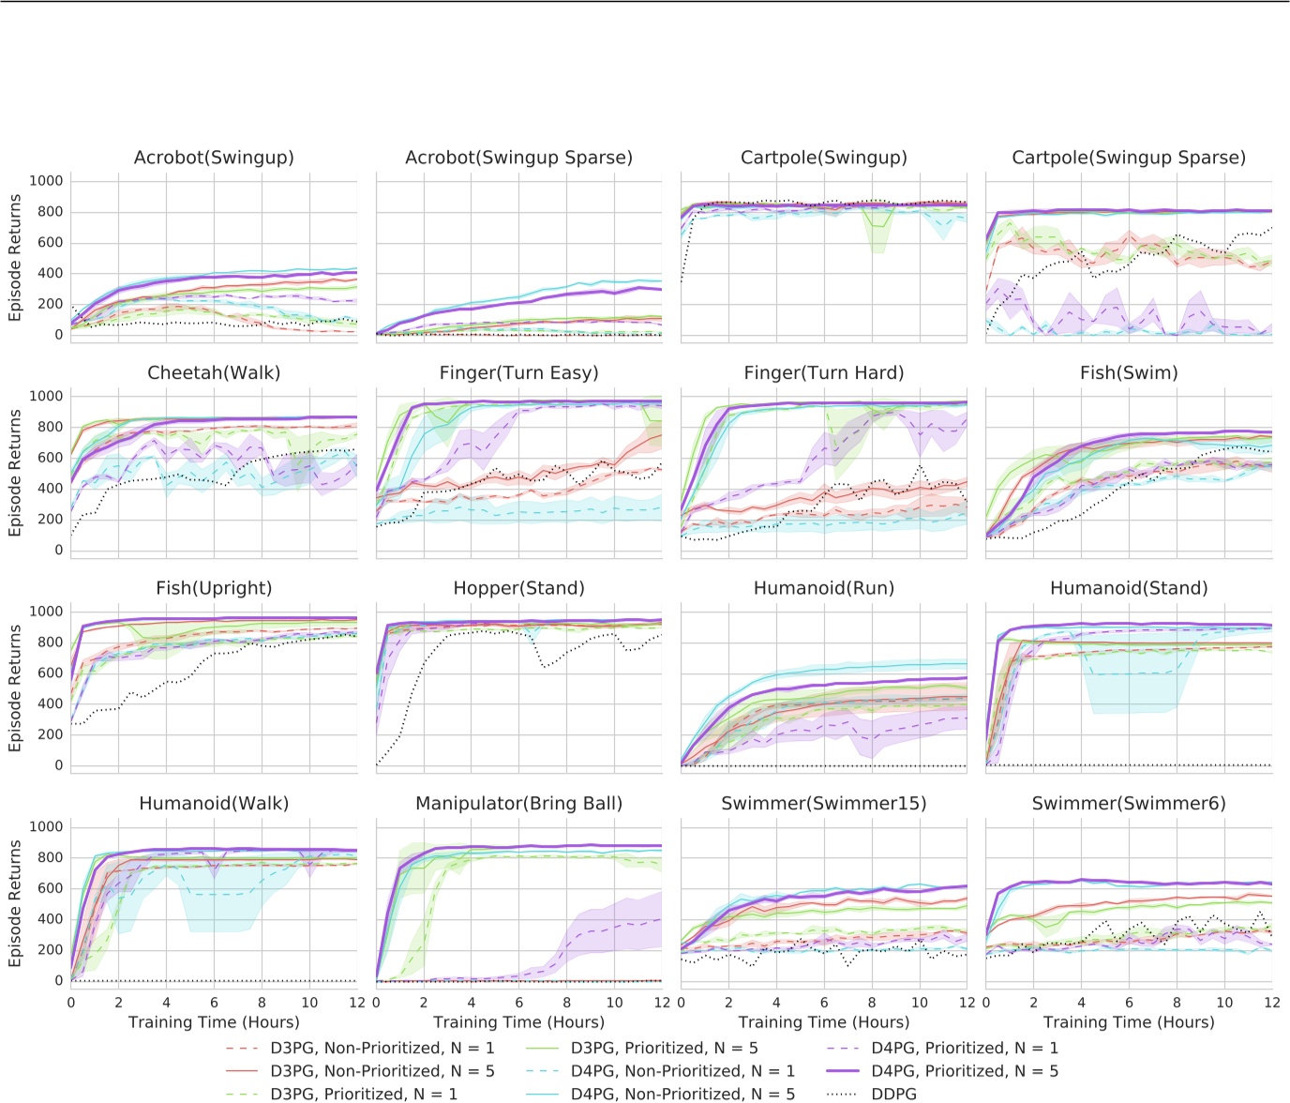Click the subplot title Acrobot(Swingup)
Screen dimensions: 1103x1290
click(214, 158)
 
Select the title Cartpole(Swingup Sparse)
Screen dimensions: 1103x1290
click(1129, 158)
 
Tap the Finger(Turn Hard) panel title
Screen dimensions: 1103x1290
click(823, 373)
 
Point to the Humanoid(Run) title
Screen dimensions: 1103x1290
click(823, 588)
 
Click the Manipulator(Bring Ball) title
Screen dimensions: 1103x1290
click(518, 804)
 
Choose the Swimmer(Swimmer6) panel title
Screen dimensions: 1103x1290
click(1129, 804)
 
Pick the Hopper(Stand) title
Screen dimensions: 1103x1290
click(518, 588)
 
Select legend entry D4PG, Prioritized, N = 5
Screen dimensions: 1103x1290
click(965, 1071)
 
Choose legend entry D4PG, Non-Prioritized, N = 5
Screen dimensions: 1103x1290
click(682, 1094)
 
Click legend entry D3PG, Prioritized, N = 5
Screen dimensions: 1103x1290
click(664, 1048)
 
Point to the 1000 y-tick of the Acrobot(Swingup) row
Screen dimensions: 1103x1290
click(46, 181)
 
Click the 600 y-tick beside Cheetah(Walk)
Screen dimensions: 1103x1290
click(51, 458)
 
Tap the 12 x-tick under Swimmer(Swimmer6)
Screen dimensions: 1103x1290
click(1271, 1003)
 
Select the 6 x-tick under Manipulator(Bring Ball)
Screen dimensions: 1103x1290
click(519, 1003)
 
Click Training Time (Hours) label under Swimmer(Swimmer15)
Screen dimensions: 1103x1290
click(823, 1022)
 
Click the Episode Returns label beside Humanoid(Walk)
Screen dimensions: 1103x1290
click(15, 903)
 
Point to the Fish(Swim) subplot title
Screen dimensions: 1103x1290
click(1129, 373)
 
